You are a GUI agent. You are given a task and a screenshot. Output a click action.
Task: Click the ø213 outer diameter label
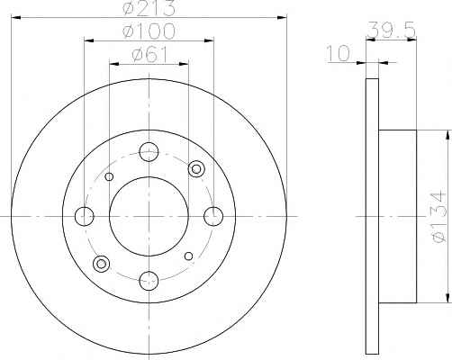coord(149,8)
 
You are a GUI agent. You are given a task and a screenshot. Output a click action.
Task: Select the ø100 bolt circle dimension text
coord(149,31)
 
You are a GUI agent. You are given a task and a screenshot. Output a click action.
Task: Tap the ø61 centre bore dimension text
coord(149,55)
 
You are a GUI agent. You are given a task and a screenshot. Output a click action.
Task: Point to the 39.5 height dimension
coord(391,30)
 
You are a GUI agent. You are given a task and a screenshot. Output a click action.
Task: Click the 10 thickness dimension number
coord(339,53)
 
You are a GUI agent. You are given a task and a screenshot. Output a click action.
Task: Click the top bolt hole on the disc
coord(149,152)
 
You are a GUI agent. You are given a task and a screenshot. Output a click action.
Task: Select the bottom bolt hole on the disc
coord(149,281)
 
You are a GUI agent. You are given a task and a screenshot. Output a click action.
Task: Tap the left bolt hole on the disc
coord(85,216)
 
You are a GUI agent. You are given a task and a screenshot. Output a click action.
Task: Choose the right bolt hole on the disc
coord(213,216)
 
